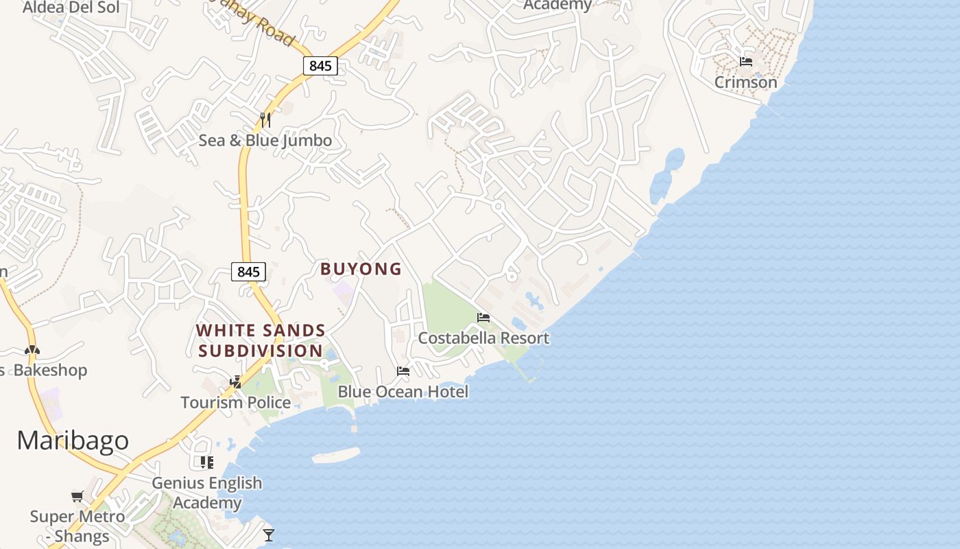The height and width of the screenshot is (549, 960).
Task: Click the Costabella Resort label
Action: click(x=483, y=338)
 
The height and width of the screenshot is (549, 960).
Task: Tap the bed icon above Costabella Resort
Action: click(x=483, y=318)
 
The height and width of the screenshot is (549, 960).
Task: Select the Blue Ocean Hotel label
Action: click(x=403, y=392)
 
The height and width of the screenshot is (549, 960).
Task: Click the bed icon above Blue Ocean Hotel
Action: click(x=403, y=371)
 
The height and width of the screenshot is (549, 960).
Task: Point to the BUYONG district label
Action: click(x=361, y=269)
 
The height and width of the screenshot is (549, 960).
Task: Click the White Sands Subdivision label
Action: click(x=261, y=340)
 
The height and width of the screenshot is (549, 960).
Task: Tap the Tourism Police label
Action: click(x=235, y=402)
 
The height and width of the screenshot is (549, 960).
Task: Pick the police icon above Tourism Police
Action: click(x=236, y=382)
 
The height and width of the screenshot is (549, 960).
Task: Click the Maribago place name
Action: click(x=73, y=440)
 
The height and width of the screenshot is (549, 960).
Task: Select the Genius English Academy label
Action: click(x=206, y=493)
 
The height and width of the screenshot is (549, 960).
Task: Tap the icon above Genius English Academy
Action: click(x=207, y=463)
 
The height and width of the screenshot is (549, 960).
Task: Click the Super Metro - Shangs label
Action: click(x=77, y=526)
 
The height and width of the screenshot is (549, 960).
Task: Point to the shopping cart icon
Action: click(x=77, y=496)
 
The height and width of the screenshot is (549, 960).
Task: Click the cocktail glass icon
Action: click(x=268, y=535)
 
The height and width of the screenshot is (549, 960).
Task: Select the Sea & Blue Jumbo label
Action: click(x=265, y=141)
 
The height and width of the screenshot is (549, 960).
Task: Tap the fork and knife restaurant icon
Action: click(x=265, y=120)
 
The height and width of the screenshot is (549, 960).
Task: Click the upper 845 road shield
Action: click(x=320, y=66)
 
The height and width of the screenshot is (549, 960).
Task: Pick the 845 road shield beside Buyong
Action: click(x=248, y=272)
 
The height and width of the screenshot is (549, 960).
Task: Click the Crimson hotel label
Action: click(x=745, y=82)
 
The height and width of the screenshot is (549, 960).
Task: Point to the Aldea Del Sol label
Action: click(x=71, y=8)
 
